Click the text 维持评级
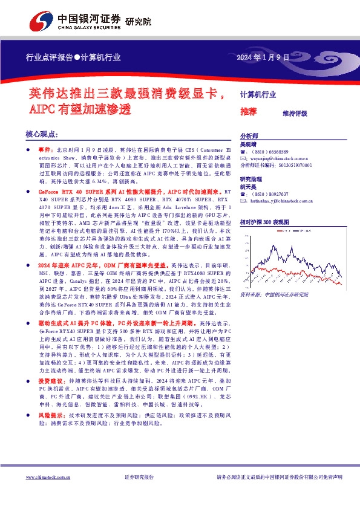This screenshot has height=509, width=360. pos(295,113)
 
